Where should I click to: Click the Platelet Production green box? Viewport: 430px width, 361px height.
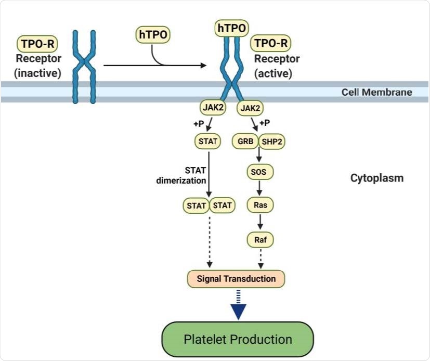[x=238, y=339]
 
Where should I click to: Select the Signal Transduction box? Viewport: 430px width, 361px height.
[x=236, y=279]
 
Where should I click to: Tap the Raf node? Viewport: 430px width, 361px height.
[x=260, y=240]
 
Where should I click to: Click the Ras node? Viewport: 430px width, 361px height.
[x=260, y=205]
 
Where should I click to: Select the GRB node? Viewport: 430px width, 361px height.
[x=246, y=141]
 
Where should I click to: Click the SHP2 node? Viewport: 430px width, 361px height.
[x=272, y=141]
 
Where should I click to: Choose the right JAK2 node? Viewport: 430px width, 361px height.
[x=250, y=108]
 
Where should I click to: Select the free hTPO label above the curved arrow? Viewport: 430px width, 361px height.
[x=152, y=35]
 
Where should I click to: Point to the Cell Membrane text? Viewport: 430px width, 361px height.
[x=376, y=92]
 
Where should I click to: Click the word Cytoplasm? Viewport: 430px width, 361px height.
[x=377, y=178]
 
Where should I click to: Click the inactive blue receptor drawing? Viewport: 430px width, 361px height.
[x=84, y=67]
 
